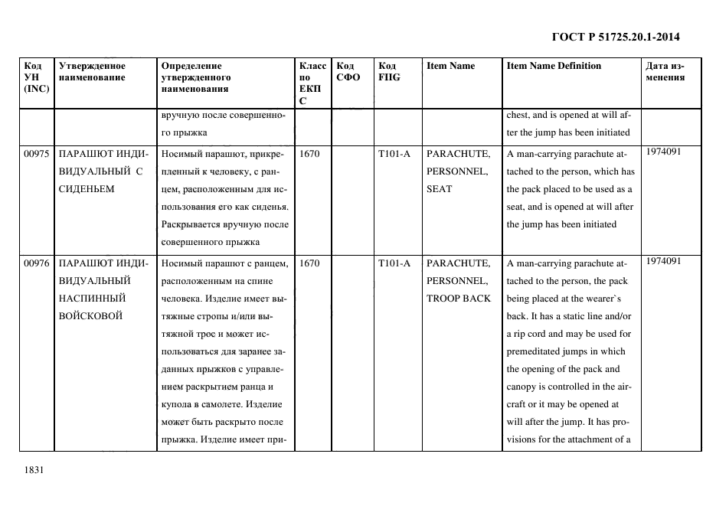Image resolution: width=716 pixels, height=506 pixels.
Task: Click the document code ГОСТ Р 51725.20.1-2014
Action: click(616, 37)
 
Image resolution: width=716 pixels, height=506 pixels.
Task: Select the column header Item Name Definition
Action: click(554, 66)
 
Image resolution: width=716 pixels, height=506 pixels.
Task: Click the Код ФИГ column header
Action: click(389, 71)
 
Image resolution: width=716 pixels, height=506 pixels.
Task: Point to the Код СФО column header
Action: click(348, 71)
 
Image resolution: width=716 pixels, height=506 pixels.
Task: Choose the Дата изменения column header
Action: click(665, 71)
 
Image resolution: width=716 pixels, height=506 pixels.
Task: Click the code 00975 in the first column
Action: click(37, 154)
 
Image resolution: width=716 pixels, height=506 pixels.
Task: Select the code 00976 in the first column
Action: click(37, 263)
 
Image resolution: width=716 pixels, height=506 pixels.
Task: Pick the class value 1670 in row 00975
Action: click(310, 154)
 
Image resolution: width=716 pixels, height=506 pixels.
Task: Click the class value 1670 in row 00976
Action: click(310, 263)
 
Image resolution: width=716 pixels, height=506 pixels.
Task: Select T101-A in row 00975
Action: click(394, 154)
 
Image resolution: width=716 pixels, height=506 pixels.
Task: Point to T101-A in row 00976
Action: click(394, 263)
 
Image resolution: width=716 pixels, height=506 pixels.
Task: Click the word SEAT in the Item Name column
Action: click(440, 189)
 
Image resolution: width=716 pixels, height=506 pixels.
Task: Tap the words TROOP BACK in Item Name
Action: click(459, 299)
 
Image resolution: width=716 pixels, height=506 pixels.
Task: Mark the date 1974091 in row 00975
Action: click(664, 152)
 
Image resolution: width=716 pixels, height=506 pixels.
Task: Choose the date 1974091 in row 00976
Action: click(664, 261)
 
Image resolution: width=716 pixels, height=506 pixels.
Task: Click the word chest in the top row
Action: click(518, 116)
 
